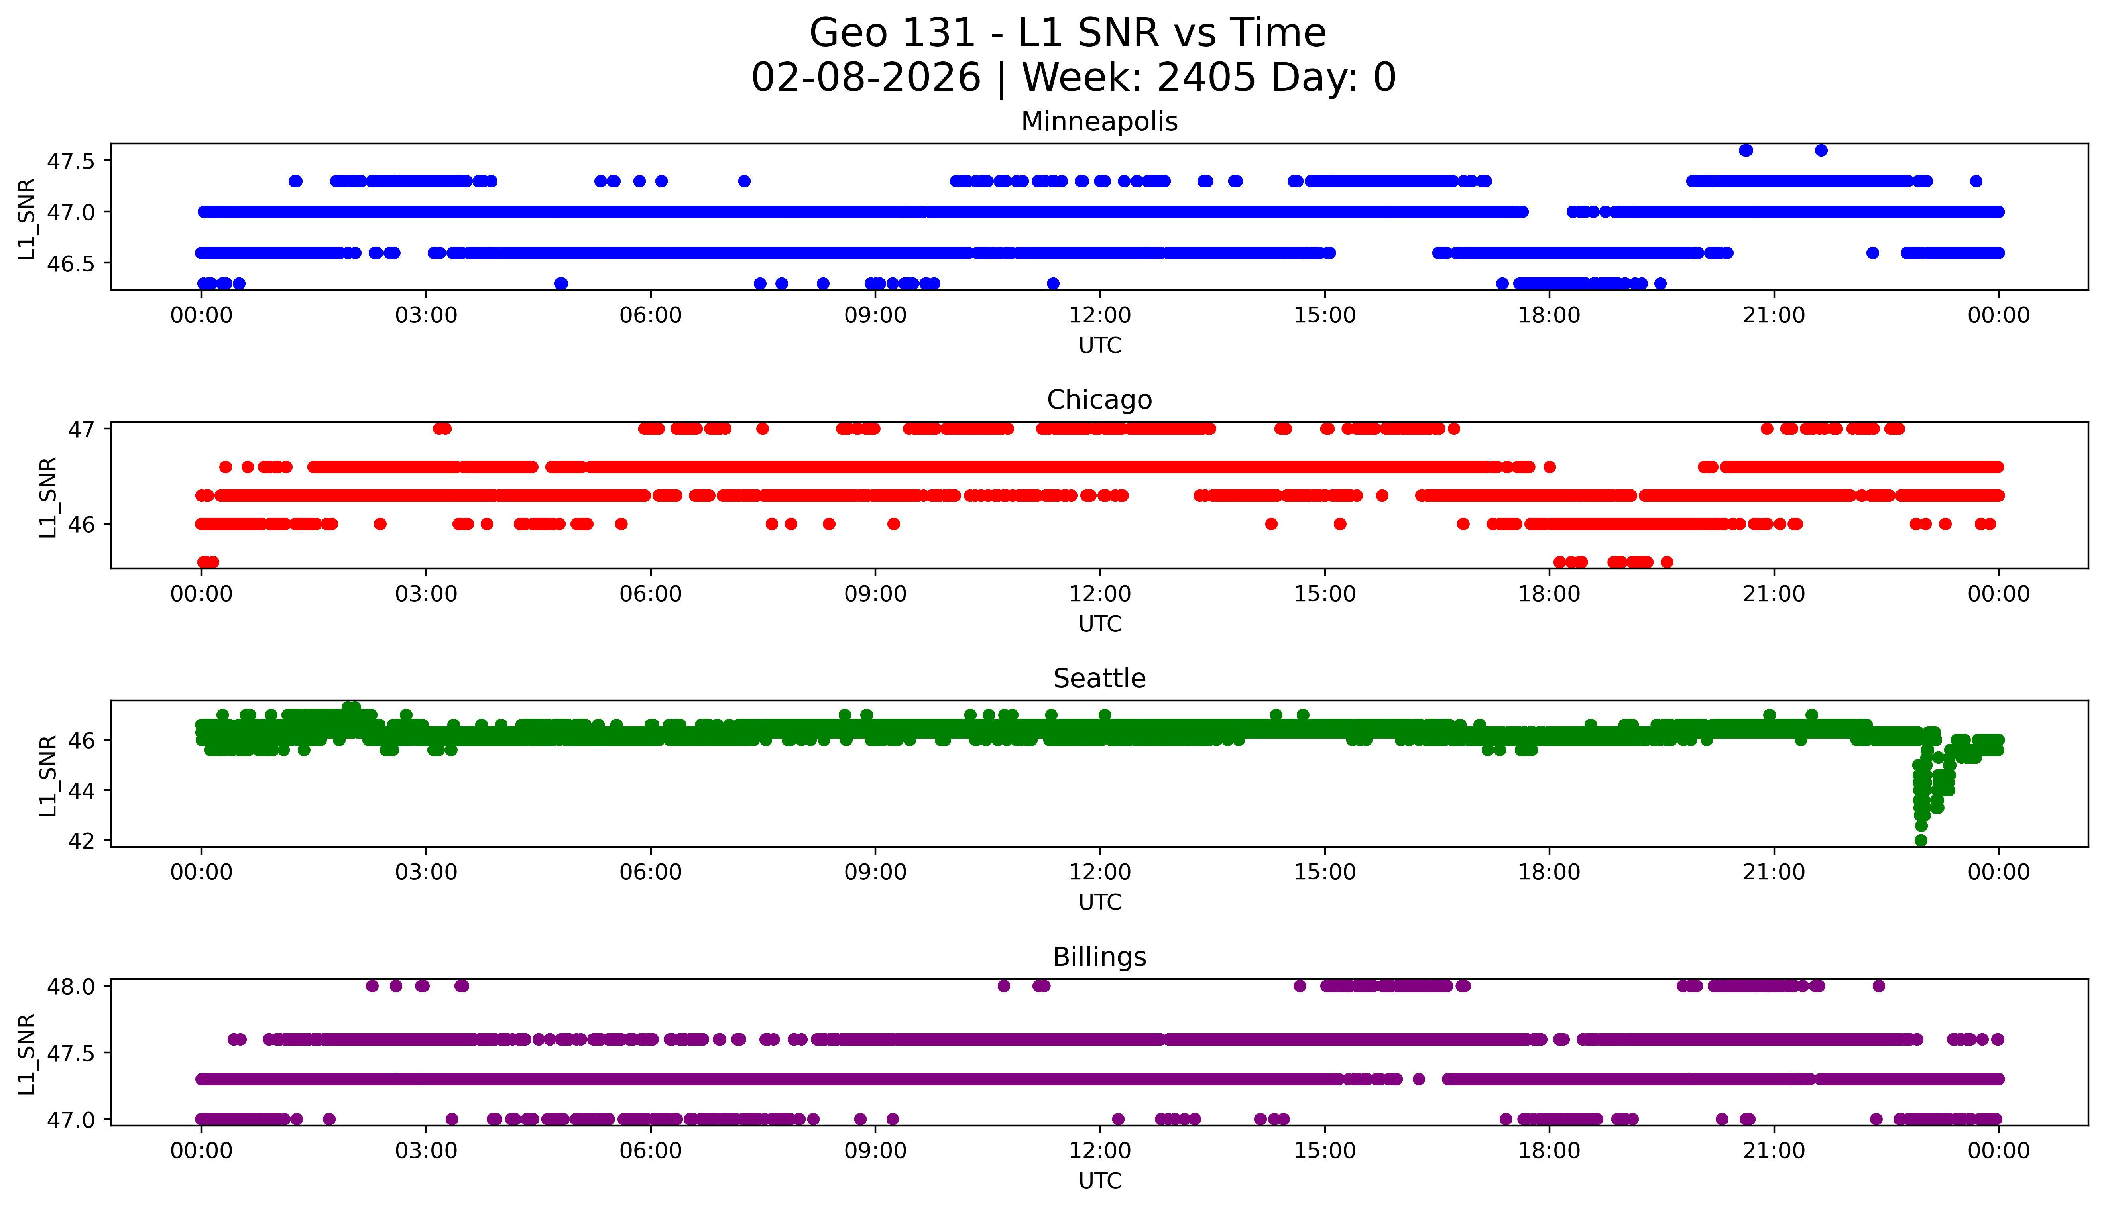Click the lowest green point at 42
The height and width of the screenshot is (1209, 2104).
(x=1921, y=840)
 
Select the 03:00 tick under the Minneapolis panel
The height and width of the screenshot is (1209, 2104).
(x=426, y=316)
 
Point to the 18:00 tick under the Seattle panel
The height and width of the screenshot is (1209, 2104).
(x=1549, y=873)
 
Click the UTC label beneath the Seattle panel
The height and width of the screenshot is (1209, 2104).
(x=1099, y=902)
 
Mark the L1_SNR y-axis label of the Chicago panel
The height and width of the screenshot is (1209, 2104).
(x=48, y=497)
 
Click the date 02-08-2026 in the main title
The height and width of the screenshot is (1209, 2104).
(x=866, y=78)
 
